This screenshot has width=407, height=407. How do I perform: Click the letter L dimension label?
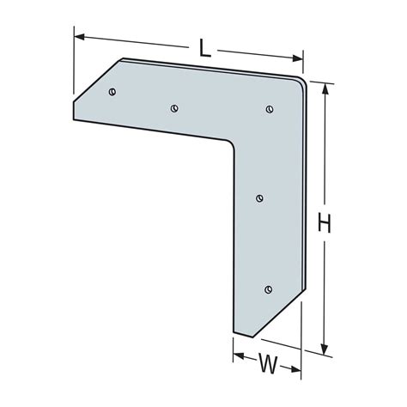(x=205, y=50)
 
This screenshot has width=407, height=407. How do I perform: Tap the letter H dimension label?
(x=325, y=225)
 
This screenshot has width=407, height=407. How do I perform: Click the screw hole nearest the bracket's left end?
(x=112, y=90)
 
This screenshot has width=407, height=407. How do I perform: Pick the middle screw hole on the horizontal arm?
(x=174, y=108)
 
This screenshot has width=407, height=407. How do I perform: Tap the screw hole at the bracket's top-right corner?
(x=270, y=108)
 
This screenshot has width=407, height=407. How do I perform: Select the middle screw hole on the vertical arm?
(x=260, y=198)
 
